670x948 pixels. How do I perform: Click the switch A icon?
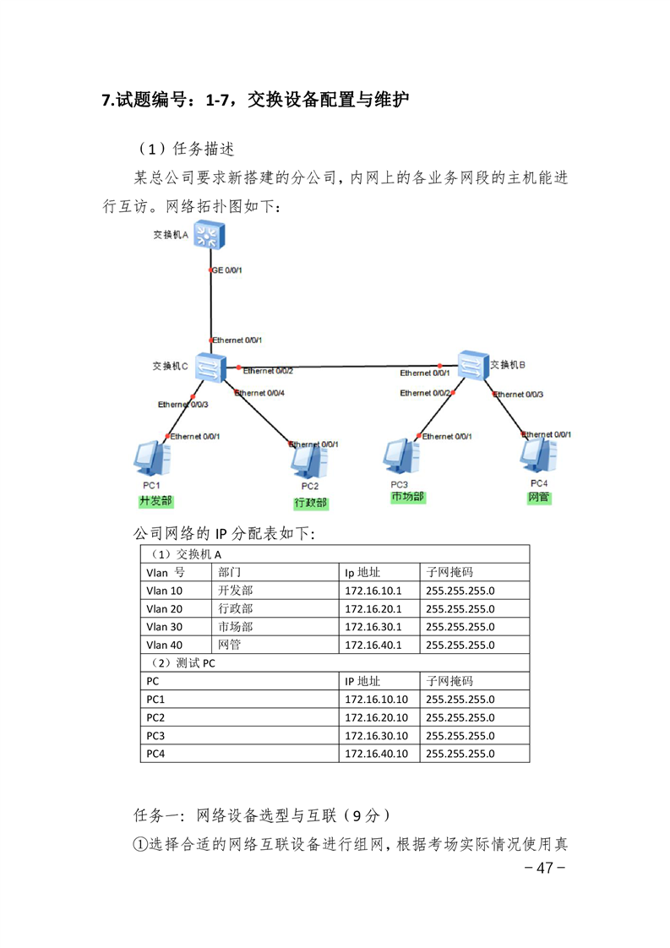[210, 235]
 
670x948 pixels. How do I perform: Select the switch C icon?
[210, 367]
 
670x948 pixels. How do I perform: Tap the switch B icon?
[473, 365]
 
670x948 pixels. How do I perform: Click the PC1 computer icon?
[152, 459]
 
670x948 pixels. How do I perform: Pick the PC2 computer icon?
[309, 461]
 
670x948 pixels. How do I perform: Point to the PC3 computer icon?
[401, 457]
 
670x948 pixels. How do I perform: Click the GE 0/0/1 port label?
[227, 270]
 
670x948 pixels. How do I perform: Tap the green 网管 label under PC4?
[539, 498]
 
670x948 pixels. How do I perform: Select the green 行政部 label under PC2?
[311, 503]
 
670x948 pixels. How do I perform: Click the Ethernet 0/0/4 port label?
[259, 393]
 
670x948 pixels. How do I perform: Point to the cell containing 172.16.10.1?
[379, 591]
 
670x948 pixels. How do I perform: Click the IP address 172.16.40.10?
[376, 754]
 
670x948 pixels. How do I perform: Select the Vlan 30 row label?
[165, 627]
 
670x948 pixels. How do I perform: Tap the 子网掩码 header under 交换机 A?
[449, 572]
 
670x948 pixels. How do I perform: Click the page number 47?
[545, 869]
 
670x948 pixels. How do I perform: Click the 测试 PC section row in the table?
[335, 663]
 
